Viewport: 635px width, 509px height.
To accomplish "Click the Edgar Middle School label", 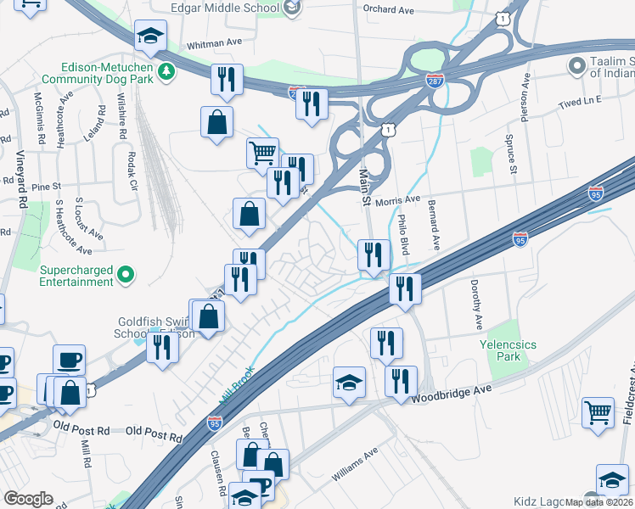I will [x=224, y=8].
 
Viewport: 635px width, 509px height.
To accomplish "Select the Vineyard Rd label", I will [x=20, y=180].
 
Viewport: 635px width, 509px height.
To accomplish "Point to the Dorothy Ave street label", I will [x=477, y=306].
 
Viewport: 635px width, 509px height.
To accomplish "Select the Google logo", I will [x=28, y=499].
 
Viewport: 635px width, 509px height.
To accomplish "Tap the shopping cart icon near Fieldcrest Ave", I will [x=598, y=412].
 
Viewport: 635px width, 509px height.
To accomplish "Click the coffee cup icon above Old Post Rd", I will [x=69, y=360].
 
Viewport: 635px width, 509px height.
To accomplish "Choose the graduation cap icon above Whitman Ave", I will [x=150, y=36].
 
